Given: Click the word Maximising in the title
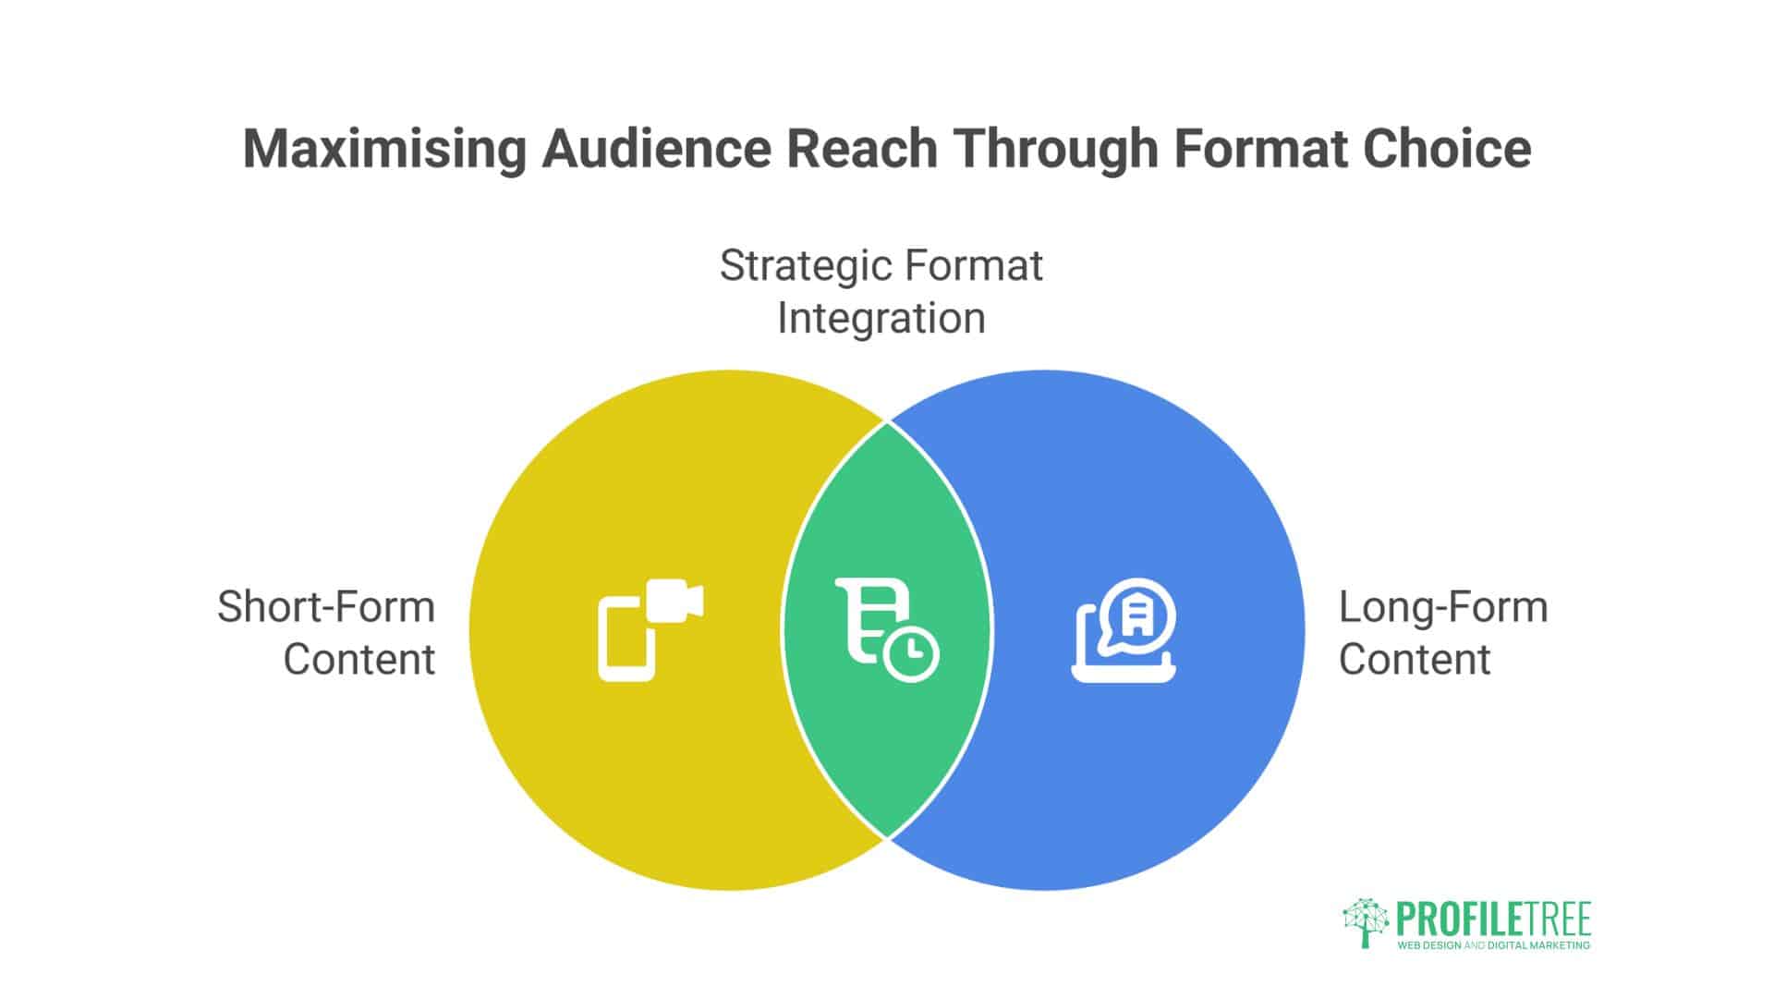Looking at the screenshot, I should (x=383, y=149).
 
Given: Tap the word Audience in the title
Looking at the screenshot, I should (x=655, y=149).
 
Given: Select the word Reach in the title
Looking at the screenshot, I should (x=861, y=149).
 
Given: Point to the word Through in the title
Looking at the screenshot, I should (x=1055, y=149).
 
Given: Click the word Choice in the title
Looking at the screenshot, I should (x=1447, y=149).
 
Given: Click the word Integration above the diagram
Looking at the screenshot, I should (x=881, y=319).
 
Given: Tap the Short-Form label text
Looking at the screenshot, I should (x=326, y=608).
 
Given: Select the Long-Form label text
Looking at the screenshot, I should (x=1443, y=608).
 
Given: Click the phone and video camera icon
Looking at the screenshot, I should (x=650, y=630).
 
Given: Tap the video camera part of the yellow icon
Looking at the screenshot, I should (x=674, y=602).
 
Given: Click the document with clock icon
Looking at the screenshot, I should (x=887, y=630).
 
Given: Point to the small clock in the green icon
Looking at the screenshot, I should (x=911, y=654).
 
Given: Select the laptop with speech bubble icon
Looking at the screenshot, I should (x=1124, y=630).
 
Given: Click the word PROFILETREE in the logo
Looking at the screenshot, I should (x=1493, y=920).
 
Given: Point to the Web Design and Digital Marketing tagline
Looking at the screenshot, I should (x=1493, y=946).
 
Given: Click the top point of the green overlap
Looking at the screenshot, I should (x=887, y=423).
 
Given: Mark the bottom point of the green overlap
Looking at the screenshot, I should (x=887, y=837).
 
